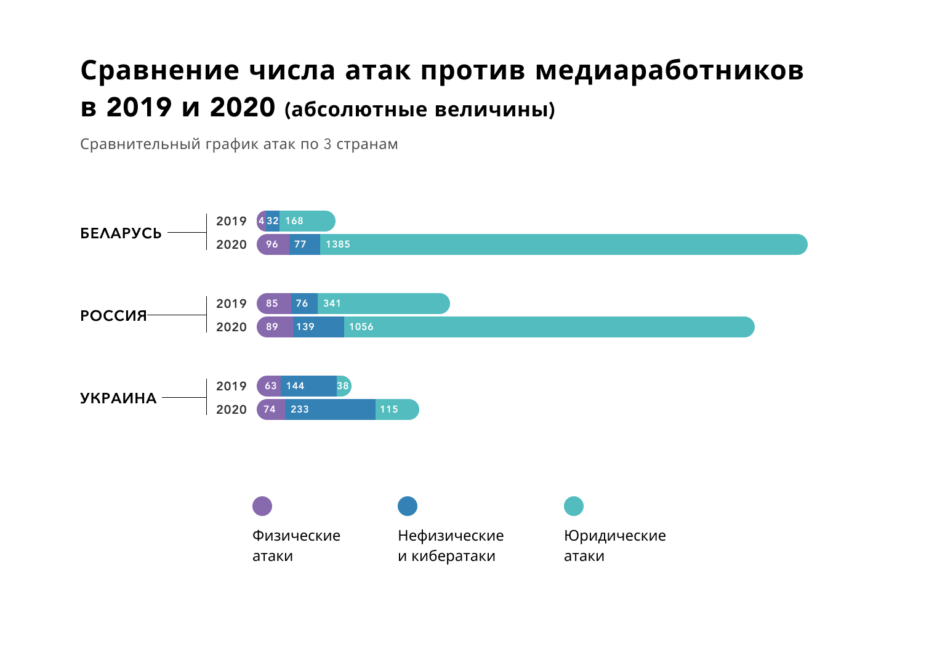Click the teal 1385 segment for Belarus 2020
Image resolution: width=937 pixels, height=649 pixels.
[563, 244]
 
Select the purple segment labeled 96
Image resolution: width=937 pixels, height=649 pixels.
[273, 244]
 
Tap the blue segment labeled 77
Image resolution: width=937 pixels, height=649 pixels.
[305, 244]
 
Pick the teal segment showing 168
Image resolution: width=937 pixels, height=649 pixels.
[307, 221]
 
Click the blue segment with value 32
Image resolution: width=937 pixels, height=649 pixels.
[273, 221]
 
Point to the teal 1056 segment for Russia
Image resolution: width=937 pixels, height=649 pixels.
[549, 327]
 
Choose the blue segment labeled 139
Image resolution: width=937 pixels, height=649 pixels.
[318, 327]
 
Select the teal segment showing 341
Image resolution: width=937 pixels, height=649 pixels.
[384, 304]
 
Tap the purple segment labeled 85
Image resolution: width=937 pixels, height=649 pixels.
[273, 304]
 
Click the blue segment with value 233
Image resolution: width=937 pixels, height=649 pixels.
[330, 409]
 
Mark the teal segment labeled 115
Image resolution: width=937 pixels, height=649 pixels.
[397, 409]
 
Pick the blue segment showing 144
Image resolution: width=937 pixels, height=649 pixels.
[308, 386]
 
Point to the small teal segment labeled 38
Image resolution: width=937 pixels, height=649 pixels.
[344, 386]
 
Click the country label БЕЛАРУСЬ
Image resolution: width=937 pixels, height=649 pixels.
[121, 233]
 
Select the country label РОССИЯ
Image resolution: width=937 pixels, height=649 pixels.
[113, 315]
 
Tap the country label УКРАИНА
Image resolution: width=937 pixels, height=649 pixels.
[118, 398]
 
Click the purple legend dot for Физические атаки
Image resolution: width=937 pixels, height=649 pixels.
[262, 506]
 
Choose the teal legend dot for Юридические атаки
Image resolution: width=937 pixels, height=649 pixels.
[574, 506]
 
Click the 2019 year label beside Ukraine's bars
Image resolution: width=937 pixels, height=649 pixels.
[231, 386]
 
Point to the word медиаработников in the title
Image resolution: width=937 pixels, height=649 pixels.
[669, 70]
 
